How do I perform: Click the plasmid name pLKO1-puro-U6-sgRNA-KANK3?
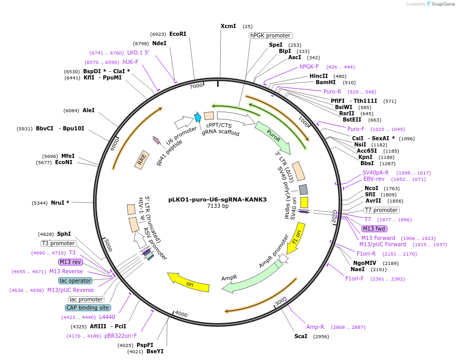pos(217,199)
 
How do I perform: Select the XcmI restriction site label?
pos(228,26)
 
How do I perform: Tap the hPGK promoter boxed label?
pos(270,35)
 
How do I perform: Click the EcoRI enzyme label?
pos(178,34)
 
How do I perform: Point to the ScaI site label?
pos(301,336)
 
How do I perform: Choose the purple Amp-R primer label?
pos(315,327)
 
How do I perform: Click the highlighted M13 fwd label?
pos(374,229)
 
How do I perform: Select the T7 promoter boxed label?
pos(381,210)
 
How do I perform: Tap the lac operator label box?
pos(75,281)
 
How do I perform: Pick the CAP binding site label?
pos(88,308)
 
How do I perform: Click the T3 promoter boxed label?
pos(59,243)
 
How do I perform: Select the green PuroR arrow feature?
pos(272,138)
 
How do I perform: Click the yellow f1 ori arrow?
pos(296,238)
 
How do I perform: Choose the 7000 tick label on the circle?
pos(196,86)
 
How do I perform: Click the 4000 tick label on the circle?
pos(181,314)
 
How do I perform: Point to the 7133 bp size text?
pos(218,206)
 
